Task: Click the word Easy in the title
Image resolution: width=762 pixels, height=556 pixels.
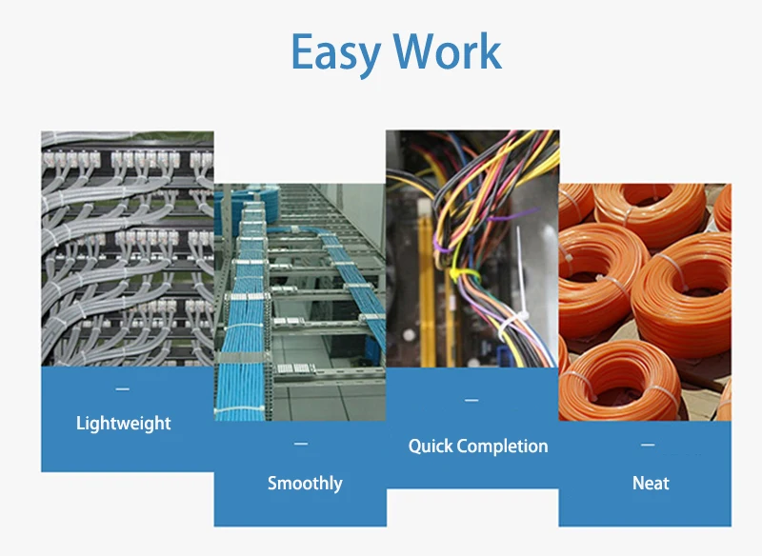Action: coord(335,52)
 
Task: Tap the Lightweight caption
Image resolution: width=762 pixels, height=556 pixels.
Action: coord(124,423)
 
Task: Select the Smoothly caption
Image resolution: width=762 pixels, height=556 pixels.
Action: coord(305,483)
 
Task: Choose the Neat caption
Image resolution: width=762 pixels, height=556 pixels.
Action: coord(651,483)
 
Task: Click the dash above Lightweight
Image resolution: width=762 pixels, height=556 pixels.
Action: coord(122,389)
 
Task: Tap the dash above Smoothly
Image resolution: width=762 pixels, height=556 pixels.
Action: coord(301,444)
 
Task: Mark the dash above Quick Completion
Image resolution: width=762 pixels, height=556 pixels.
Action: coord(471,400)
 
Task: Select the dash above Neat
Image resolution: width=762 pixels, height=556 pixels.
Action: coord(648,445)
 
